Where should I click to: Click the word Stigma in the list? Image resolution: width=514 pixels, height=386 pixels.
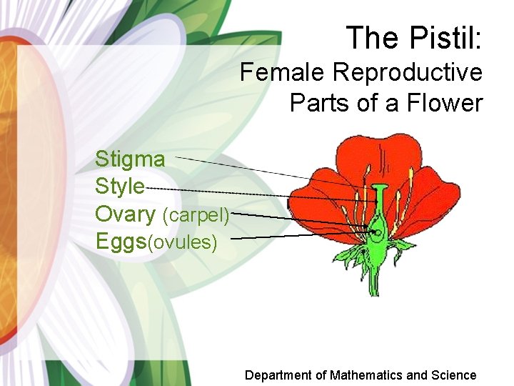130,159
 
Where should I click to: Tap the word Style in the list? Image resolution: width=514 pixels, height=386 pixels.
120,187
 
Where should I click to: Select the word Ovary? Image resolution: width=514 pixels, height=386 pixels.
126,214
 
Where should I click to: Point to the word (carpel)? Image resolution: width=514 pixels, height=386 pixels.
196,215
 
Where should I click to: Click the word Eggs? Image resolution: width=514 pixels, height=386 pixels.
120,241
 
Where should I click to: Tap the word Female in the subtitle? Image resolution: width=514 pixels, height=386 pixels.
283,72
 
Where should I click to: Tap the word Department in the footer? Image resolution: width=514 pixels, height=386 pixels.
278,375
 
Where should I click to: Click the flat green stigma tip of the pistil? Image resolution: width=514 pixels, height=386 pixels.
380,187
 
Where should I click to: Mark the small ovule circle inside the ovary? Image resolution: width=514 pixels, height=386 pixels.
376,231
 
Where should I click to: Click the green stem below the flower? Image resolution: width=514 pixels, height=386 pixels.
375,279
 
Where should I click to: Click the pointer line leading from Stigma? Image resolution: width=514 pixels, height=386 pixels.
243,167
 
